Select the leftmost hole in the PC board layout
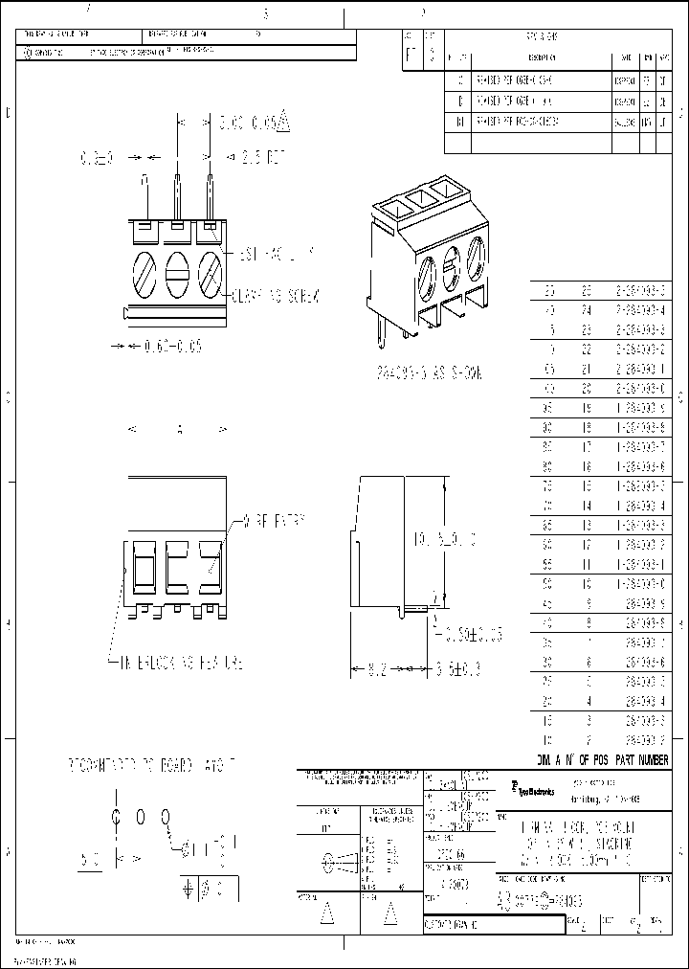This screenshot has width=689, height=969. tap(117, 816)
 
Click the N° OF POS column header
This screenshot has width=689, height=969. tap(587, 759)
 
